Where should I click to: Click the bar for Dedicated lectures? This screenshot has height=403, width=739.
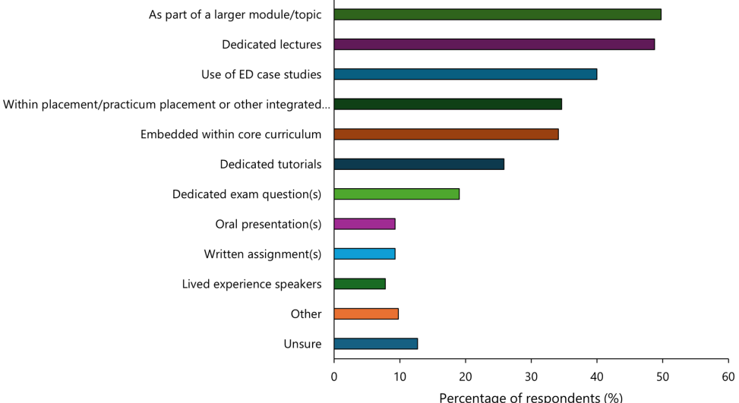[x=494, y=44]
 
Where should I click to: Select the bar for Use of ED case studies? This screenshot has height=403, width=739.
[x=465, y=74]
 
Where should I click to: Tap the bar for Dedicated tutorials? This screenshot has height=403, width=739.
[x=418, y=164]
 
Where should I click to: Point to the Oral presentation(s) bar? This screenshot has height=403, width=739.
[x=365, y=224]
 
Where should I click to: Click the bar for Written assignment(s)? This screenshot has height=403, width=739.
[x=365, y=253]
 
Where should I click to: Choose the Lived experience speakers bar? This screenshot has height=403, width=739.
[x=359, y=284]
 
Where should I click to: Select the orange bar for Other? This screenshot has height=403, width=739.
[x=366, y=313]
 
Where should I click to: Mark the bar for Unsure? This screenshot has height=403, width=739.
[x=375, y=344]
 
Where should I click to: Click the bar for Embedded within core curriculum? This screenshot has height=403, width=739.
[x=446, y=134]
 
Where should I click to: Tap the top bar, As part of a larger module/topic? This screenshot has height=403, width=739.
[x=497, y=14]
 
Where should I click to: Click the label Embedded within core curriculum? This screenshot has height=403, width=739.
[x=231, y=134]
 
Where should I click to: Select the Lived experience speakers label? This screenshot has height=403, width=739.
[x=251, y=284]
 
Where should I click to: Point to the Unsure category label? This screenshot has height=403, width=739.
[x=302, y=344]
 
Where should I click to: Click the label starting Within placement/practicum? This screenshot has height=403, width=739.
[x=166, y=104]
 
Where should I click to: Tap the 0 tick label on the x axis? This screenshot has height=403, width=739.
[x=334, y=376]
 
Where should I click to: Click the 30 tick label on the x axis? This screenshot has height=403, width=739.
[x=531, y=376]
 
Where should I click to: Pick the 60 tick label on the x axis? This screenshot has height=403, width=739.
[x=728, y=376]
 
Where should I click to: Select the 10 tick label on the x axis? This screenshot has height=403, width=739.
[x=400, y=376]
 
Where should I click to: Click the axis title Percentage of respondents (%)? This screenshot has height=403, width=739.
[x=531, y=397]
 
